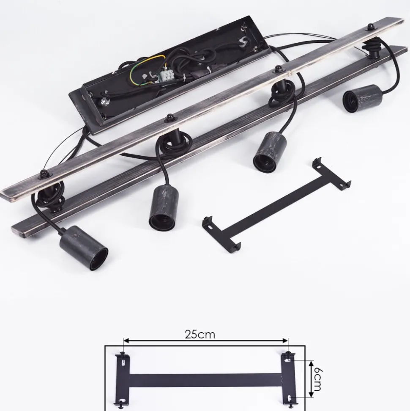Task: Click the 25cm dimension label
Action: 200,334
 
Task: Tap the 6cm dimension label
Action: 318,379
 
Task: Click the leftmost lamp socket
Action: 84,248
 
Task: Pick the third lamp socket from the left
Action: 270,152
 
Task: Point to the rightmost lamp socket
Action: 361,98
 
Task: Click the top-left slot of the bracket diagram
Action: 123,362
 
